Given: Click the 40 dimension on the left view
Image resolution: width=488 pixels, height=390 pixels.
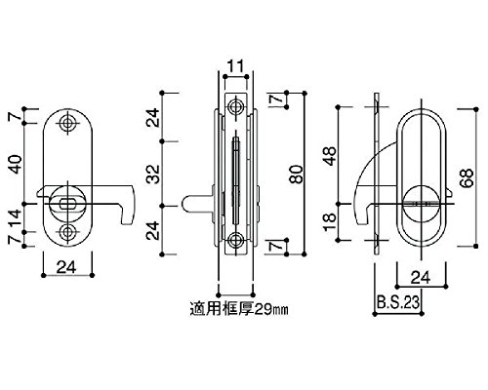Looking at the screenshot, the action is pyautogui.click(x=16, y=164).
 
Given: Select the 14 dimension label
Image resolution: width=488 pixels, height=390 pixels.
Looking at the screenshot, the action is pyautogui.click(x=16, y=218).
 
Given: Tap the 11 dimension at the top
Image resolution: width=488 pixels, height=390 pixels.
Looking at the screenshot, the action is pyautogui.click(x=235, y=66).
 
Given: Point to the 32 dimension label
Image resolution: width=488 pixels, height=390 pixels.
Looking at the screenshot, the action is pyautogui.click(x=153, y=175).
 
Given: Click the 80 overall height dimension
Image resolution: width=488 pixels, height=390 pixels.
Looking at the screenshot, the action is pyautogui.click(x=296, y=175).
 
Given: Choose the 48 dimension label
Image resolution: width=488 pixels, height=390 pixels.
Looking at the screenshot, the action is pyautogui.click(x=330, y=156).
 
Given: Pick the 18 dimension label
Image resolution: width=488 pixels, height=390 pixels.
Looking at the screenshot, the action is pyautogui.click(x=330, y=222).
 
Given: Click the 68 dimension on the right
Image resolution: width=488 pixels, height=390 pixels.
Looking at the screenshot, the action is pyautogui.click(x=468, y=177).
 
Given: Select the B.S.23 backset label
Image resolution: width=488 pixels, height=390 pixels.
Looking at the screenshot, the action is pyautogui.click(x=398, y=302).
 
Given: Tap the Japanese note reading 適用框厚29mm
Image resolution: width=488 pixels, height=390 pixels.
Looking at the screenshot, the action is pyautogui.click(x=239, y=309).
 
